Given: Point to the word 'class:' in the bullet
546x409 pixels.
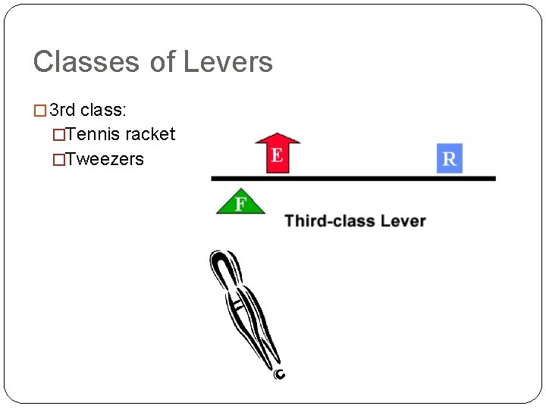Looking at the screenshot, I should click(x=103, y=111).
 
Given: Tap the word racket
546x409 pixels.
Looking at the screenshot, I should click(x=150, y=135).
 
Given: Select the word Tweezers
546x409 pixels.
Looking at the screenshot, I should click(x=105, y=159).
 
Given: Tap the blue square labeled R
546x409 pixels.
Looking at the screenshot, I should click(x=449, y=158).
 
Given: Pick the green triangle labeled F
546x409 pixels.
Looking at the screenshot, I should click(x=240, y=203).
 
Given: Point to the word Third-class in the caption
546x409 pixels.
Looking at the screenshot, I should click(x=328, y=221).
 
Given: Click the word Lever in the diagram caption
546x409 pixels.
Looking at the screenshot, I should click(x=403, y=221).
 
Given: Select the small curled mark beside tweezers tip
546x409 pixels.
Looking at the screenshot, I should click(x=280, y=373).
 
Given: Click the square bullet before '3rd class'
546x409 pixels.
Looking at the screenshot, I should click(x=41, y=111).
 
